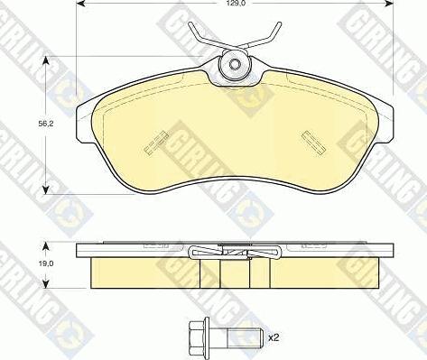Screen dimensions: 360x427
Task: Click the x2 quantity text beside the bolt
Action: [274, 337]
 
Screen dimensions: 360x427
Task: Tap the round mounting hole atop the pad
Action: [236, 64]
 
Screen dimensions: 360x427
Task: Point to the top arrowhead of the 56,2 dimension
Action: [44, 61]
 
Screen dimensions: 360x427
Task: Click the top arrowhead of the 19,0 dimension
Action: [44, 243]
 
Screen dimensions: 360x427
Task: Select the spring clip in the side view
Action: [236, 254]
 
